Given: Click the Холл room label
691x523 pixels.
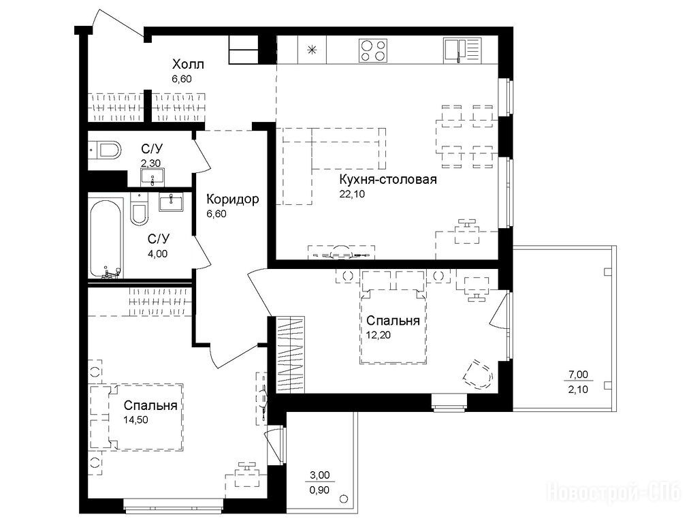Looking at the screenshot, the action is (188, 65).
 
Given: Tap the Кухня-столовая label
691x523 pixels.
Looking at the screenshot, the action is (388, 180).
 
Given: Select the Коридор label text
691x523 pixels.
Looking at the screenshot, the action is (233, 200).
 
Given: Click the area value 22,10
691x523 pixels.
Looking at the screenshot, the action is (352, 193).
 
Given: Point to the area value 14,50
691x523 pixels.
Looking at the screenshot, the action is (135, 419).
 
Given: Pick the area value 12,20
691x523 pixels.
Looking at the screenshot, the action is (378, 334).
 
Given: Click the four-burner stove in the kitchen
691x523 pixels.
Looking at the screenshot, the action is (373, 50).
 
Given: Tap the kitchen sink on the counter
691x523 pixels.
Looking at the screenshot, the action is (462, 49).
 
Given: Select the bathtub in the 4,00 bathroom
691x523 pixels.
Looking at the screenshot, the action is (106, 238).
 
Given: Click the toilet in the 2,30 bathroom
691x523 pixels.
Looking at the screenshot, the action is (106, 150).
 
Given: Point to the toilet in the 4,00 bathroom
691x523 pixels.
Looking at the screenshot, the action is (139, 210).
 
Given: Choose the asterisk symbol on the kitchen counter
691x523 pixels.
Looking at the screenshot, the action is (312, 50).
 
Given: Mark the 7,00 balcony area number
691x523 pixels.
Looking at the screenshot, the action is (578, 375).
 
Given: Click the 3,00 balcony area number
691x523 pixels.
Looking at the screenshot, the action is (319, 475).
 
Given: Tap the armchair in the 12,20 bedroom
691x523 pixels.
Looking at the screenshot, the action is (479, 374).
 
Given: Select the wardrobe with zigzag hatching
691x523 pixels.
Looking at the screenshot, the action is (291, 355).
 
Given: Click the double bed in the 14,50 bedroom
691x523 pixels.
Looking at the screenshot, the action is (137, 417).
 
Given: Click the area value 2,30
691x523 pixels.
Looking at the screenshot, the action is (150, 163).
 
